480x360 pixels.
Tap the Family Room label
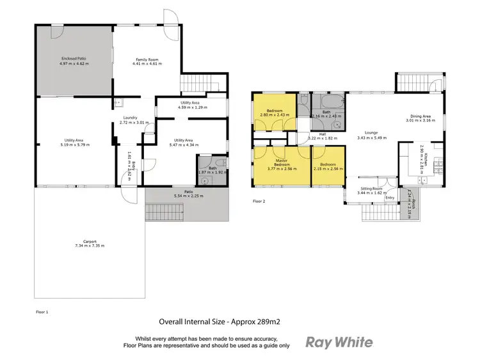tap(147, 60)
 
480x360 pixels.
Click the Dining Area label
tap(420, 117)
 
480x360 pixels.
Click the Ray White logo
tap(339, 341)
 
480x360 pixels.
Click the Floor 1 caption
tap(42, 311)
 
